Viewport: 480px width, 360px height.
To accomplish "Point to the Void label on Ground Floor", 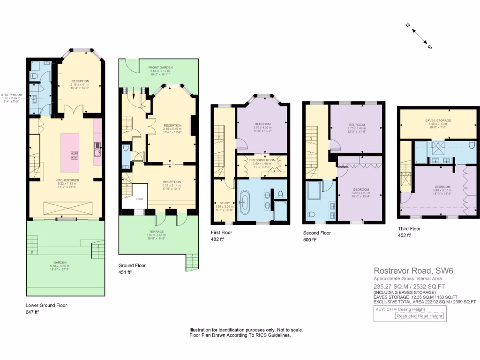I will coord(139,199).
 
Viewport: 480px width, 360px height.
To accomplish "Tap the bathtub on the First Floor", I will coord(246,202).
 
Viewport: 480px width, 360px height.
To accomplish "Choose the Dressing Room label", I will coord(262,160).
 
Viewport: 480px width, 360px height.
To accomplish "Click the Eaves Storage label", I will coord(438,120).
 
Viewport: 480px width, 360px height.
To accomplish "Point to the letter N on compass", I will coord(408,26).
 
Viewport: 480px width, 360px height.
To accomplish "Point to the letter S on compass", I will coord(429,47).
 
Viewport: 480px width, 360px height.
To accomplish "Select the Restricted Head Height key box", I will coord(420,316).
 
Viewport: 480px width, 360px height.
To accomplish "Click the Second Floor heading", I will coord(317,233).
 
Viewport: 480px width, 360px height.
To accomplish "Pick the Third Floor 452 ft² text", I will coord(404,235).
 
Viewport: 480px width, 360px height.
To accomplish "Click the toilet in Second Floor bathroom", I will coord(311,215).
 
